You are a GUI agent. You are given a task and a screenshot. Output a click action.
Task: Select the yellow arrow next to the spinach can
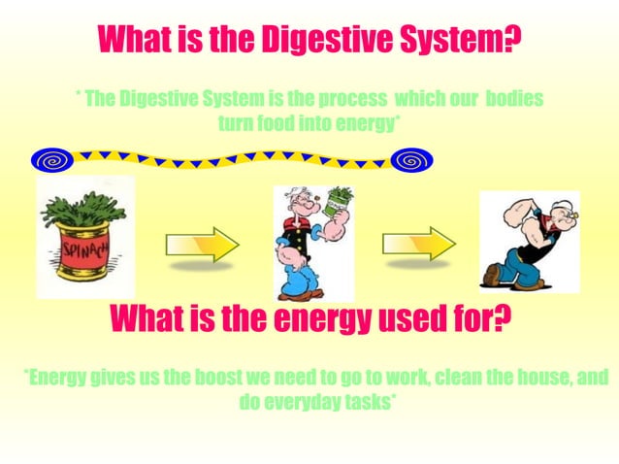(202, 244)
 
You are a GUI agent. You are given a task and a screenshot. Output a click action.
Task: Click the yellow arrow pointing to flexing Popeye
(418, 244)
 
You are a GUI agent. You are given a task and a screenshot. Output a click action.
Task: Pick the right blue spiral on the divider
(412, 159)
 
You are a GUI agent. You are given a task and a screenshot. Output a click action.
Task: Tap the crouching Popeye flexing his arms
(529, 242)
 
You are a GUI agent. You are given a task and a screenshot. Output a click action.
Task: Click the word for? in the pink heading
(476, 316)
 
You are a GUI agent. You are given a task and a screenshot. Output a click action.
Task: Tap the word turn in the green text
(235, 123)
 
